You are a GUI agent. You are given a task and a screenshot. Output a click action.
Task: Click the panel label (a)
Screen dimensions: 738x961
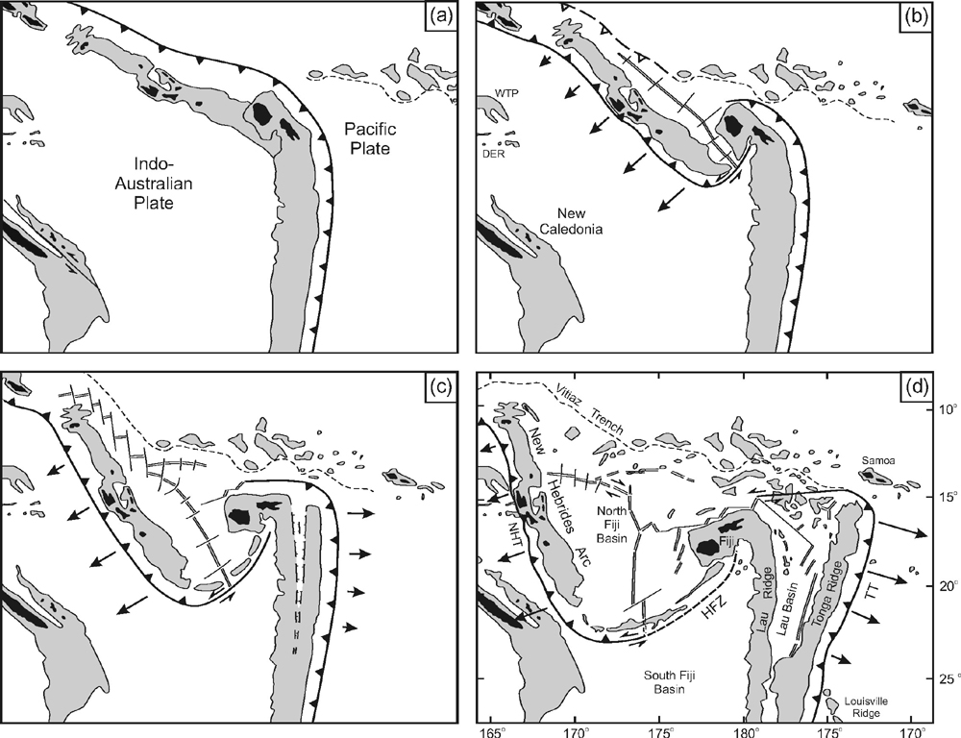point(446,16)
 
